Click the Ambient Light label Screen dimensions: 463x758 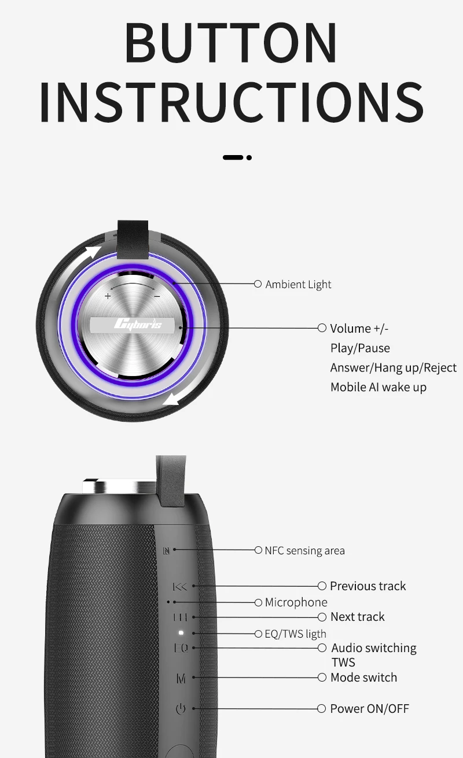pyautogui.click(x=298, y=284)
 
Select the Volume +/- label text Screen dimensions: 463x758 pyautogui.click(x=359, y=329)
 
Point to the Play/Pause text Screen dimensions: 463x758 pyautogui.click(x=360, y=348)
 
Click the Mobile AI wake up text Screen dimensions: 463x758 pyautogui.click(x=378, y=387)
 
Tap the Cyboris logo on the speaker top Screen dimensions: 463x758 pyautogui.click(x=137, y=324)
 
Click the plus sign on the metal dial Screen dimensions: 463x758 pyautogui.click(x=108, y=296)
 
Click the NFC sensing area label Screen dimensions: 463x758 pyautogui.click(x=304, y=550)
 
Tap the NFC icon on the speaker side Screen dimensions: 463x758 pyautogui.click(x=166, y=550)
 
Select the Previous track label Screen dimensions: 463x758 pyautogui.click(x=368, y=586)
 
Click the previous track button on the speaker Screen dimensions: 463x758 pyautogui.click(x=181, y=587)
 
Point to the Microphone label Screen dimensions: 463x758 pyautogui.click(x=296, y=602)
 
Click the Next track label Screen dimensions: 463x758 pyautogui.click(x=357, y=617)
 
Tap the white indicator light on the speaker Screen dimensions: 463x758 pyautogui.click(x=181, y=633)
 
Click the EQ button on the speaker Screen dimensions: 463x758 pyautogui.click(x=181, y=648)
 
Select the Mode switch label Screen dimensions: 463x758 pyautogui.click(x=363, y=678)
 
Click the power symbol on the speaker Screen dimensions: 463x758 pyautogui.click(x=181, y=709)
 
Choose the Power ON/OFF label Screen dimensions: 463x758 pyautogui.click(x=369, y=709)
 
